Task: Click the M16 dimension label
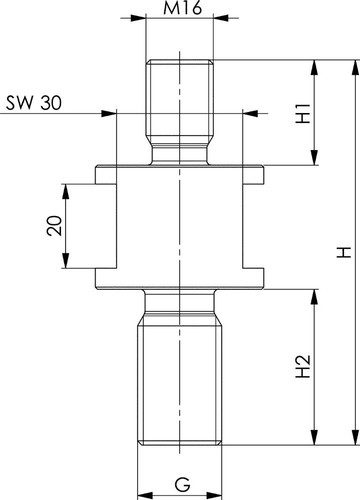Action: point(182,7)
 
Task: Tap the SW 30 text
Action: point(34,103)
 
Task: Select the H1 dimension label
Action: point(303,113)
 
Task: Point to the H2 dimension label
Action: point(303,366)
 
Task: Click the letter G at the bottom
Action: point(183,484)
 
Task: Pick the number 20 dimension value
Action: point(54,226)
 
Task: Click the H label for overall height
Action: point(344,252)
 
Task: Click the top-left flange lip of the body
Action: point(106,175)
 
